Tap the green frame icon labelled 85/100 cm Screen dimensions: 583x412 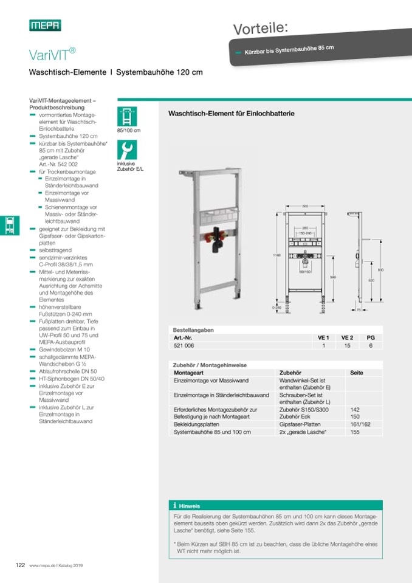[x=127, y=116]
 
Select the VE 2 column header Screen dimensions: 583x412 [x=347, y=337]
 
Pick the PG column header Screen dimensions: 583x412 [x=370, y=337]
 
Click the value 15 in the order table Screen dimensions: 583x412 [x=347, y=345]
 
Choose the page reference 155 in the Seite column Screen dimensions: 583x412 [x=355, y=432]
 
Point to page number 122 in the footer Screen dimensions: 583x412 [x=19, y=565]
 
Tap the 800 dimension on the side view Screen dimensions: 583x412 [x=380, y=253]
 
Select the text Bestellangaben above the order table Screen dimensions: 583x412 [x=193, y=329]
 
